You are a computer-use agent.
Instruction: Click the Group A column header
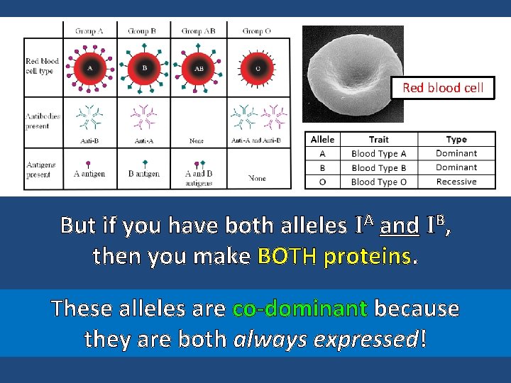click(89, 31)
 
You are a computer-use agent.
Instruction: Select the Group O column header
click(257, 31)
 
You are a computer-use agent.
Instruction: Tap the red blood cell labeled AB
click(199, 69)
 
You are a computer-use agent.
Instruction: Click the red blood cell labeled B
click(145, 69)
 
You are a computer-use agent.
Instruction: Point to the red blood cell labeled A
click(89, 69)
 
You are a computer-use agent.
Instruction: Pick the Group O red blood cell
click(258, 69)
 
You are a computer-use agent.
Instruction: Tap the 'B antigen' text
click(145, 173)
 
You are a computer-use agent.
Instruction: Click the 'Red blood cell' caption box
click(443, 88)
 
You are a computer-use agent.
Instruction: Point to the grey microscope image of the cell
click(353, 71)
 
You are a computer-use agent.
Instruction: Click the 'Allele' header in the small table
click(323, 140)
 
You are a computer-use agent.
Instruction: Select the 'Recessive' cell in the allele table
click(456, 182)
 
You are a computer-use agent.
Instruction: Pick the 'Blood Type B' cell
click(378, 168)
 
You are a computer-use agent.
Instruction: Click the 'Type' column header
click(456, 140)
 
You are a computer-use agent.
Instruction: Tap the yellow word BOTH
click(288, 256)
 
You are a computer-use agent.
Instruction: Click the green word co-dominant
click(300, 309)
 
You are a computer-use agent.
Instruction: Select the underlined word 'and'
click(400, 226)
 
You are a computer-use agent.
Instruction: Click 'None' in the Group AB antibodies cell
click(197, 141)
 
